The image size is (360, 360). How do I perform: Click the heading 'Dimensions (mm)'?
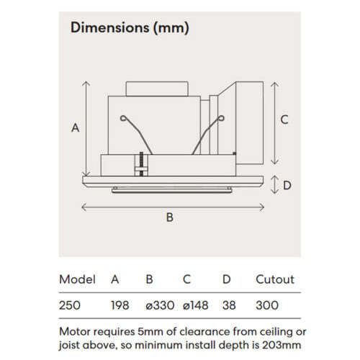(x=129, y=28)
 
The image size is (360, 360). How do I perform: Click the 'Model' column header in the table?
(x=77, y=279)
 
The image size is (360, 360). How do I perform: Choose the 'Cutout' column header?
(x=275, y=279)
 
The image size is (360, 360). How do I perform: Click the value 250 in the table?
(x=71, y=305)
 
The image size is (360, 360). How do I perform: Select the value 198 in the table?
(x=120, y=305)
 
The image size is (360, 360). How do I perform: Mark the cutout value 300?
(x=266, y=305)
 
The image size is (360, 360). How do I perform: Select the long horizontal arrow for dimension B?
(x=170, y=207)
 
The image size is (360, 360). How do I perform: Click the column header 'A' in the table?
(x=114, y=279)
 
